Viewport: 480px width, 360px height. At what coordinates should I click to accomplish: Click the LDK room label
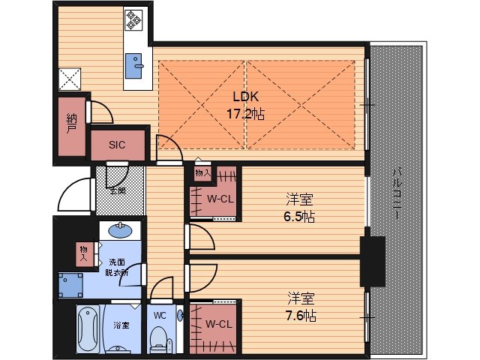tap(245, 97)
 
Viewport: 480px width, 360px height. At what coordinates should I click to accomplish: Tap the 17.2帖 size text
tap(245, 114)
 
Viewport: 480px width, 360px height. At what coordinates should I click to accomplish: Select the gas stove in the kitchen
tap(133, 20)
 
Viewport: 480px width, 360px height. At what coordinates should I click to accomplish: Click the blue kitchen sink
tap(133, 66)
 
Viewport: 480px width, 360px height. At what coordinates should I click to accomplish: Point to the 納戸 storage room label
tap(71, 124)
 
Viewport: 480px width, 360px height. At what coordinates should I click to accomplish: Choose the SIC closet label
tap(117, 145)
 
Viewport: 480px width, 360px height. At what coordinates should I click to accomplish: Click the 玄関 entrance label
tap(118, 191)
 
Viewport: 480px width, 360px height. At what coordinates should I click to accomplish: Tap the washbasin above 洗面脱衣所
tap(120, 230)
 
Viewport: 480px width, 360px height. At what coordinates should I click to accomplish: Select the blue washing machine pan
tap(70, 285)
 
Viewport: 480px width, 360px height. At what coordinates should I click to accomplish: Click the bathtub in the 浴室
tap(88, 329)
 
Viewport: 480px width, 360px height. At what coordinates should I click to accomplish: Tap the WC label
tap(160, 315)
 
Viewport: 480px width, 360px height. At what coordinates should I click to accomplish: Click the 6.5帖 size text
tap(299, 217)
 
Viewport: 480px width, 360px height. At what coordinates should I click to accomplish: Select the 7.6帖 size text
tap(301, 316)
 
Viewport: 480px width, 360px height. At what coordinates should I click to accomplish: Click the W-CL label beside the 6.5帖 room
tap(220, 199)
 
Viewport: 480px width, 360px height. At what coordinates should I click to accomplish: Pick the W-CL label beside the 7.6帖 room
tap(219, 324)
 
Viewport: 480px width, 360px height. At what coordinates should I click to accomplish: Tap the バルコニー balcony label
tap(397, 193)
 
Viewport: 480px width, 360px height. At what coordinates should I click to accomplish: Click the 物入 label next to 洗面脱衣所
tap(83, 253)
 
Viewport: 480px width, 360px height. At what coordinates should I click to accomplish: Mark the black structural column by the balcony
tap(372, 261)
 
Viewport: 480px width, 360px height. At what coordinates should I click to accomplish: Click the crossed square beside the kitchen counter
tap(70, 79)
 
